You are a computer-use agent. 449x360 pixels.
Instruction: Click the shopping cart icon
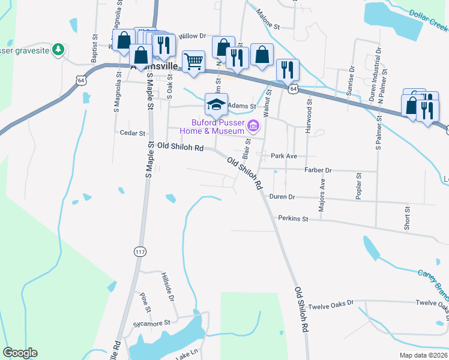click(x=193, y=61)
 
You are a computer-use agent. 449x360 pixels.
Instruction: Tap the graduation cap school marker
click(x=216, y=104)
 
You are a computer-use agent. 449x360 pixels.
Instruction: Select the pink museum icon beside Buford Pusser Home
click(x=253, y=126)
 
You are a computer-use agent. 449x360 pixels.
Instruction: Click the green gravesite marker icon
click(x=58, y=49)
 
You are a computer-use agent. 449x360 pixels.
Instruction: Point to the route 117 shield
click(x=140, y=252)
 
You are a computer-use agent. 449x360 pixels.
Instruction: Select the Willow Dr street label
click(x=192, y=36)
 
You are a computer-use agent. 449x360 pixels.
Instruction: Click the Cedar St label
click(x=133, y=133)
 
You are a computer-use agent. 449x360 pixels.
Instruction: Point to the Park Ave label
click(x=284, y=155)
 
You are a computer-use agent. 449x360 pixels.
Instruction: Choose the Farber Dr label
click(x=318, y=170)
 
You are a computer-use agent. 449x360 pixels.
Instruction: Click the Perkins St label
click(x=293, y=219)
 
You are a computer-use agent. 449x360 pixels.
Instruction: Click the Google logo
click(x=20, y=353)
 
